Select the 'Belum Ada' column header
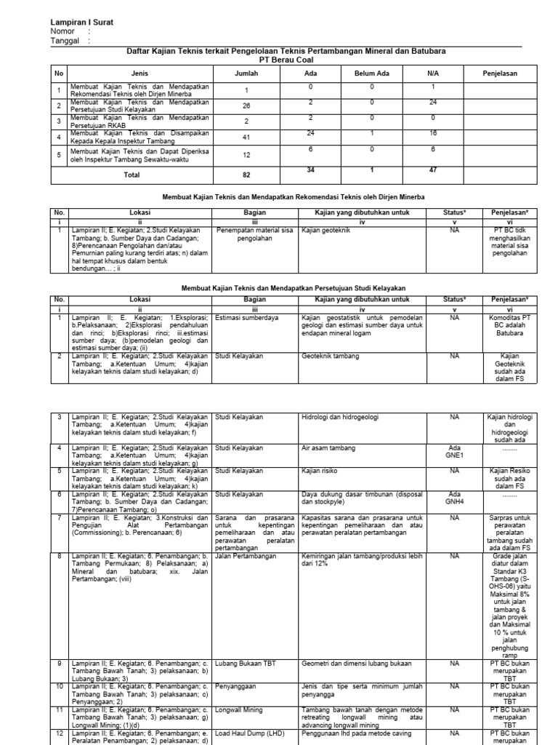point(371,73)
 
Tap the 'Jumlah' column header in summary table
point(247,73)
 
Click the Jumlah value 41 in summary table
point(247,136)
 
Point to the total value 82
point(247,175)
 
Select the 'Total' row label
point(132,175)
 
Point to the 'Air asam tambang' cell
point(328,448)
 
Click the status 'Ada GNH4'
point(456,498)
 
